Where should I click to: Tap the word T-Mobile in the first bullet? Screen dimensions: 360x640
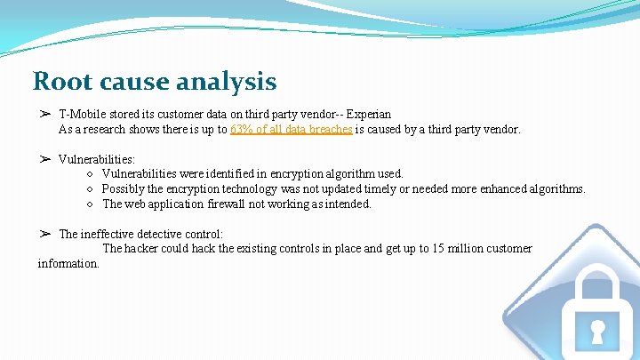tap(84, 115)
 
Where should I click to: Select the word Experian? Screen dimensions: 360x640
tap(369, 115)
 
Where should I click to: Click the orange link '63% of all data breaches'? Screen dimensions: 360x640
tap(291, 130)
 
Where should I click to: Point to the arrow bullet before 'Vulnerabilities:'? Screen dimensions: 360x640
tap(44, 159)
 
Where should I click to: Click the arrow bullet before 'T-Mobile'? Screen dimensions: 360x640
tap(44, 115)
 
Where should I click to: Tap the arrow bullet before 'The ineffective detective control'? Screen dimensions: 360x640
tap(44, 234)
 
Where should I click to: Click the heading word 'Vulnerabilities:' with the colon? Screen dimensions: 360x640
tap(97, 159)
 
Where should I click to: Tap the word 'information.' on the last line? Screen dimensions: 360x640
tap(68, 264)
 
